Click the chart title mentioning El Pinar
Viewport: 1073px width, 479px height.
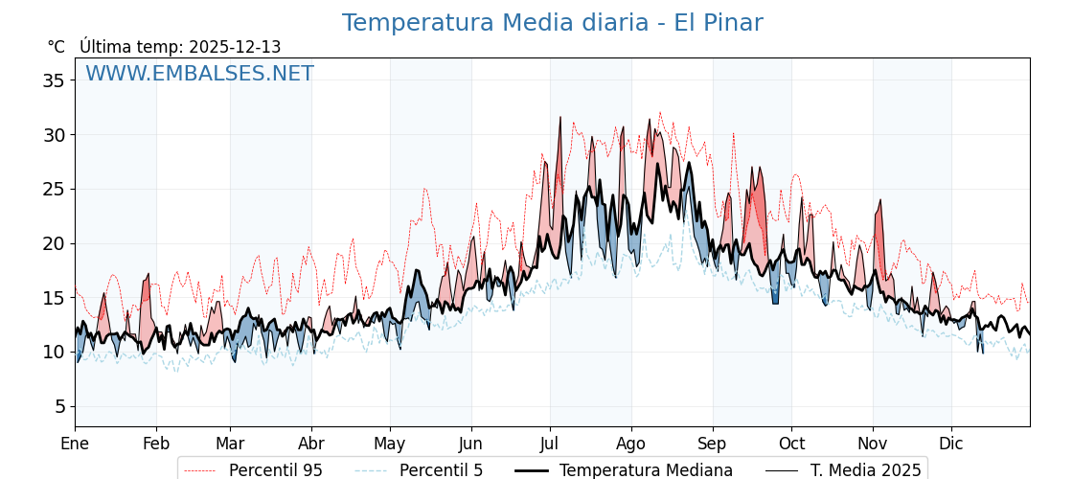pyautogui.click(x=552, y=23)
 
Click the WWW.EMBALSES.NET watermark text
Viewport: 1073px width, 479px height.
pyautogui.click(x=199, y=74)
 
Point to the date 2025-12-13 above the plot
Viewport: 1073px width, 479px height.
pyautogui.click(x=235, y=47)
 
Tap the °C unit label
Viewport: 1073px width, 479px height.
pyautogui.click(x=56, y=47)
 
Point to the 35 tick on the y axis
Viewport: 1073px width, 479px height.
pyautogui.click(x=54, y=80)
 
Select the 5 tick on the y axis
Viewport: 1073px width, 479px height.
pyautogui.click(x=59, y=406)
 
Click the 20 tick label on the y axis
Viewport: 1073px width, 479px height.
pyautogui.click(x=54, y=243)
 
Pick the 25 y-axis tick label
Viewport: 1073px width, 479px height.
pyautogui.click(x=54, y=189)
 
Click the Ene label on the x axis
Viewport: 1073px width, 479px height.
pyautogui.click(x=75, y=444)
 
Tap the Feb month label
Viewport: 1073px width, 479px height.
pyautogui.click(x=156, y=444)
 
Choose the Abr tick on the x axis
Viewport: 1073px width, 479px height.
pyautogui.click(x=311, y=444)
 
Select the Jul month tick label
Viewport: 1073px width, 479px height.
pyautogui.click(x=550, y=444)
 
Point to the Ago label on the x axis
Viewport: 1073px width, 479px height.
pyautogui.click(x=630, y=444)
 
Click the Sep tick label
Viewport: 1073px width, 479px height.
pyautogui.click(x=713, y=444)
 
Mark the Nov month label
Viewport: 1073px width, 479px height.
pyautogui.click(x=873, y=444)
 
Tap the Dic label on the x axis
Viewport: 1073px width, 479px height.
pyautogui.click(x=951, y=444)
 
